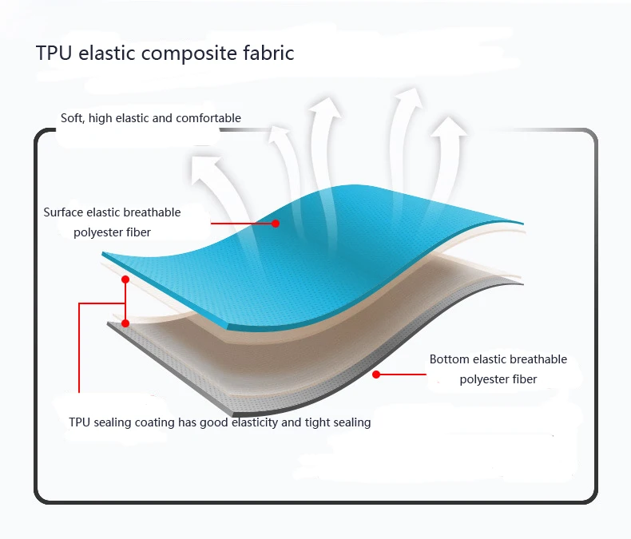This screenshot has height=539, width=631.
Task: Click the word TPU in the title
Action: [54, 54]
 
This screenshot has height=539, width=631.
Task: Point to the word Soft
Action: [72, 118]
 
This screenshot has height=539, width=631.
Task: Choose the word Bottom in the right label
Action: [450, 359]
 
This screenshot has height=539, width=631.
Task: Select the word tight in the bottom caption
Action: [318, 422]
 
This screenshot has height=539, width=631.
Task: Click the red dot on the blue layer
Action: [276, 224]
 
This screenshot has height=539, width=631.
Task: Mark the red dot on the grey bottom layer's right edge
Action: [375, 374]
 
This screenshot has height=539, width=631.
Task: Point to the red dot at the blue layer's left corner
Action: [125, 279]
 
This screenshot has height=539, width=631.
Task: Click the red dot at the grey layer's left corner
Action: [125, 323]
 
